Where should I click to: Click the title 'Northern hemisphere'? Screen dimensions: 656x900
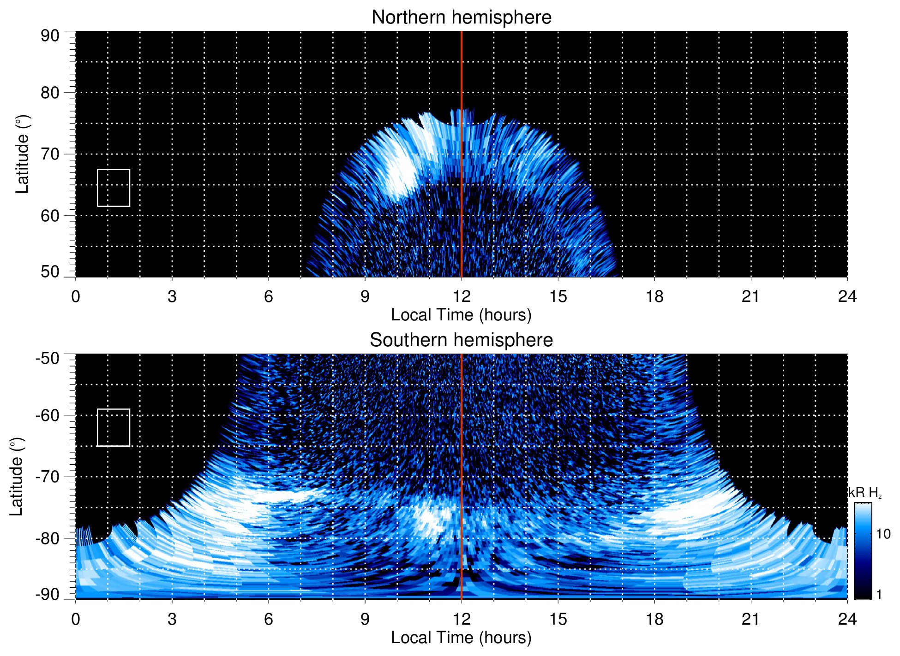point(461,18)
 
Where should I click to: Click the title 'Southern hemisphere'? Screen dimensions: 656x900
point(461,340)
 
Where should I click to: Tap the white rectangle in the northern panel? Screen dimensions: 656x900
point(114,188)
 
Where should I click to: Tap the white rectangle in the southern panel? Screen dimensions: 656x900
point(114,427)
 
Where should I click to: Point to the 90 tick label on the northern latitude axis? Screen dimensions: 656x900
point(50,36)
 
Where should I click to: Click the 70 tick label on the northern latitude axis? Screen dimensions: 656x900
point(50,154)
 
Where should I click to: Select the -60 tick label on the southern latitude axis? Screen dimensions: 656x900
point(48,415)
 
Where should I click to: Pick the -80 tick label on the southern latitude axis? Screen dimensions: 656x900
point(48,538)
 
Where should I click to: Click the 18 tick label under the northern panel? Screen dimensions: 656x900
point(654,296)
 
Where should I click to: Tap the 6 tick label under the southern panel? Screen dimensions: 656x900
point(268,619)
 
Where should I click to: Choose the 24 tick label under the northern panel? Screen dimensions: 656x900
point(847,296)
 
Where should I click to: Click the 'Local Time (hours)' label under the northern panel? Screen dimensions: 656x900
point(461,315)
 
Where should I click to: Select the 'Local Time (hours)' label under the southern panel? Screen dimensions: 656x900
point(461,638)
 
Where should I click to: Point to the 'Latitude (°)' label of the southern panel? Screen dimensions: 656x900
point(17,477)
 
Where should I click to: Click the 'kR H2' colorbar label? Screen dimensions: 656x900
point(864,493)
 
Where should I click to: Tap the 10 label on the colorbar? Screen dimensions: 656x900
point(883,534)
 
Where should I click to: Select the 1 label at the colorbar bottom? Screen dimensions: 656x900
point(879,595)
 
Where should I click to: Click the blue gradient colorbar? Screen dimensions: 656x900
point(863,551)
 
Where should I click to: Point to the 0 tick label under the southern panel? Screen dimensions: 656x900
point(75,619)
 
